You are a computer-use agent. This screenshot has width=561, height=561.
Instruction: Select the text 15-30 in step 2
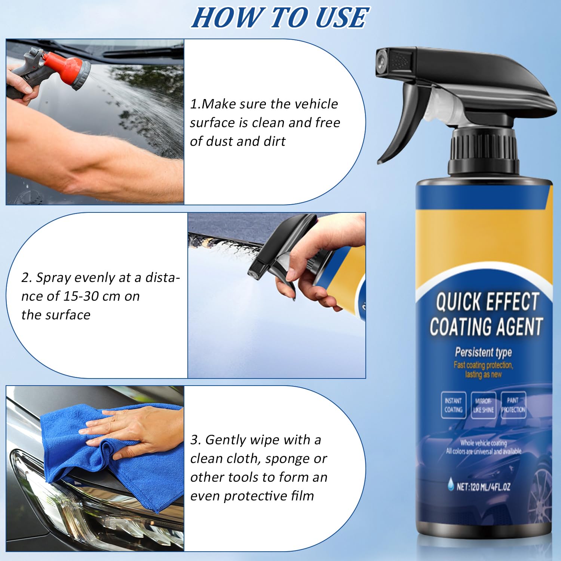click(80, 296)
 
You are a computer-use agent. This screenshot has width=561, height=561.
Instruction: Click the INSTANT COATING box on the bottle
click(453, 405)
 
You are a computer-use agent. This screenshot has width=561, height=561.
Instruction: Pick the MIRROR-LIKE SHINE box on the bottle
click(483, 405)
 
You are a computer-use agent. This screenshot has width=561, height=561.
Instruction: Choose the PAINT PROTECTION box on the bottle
click(513, 405)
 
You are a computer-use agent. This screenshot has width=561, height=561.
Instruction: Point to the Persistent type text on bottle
click(483, 352)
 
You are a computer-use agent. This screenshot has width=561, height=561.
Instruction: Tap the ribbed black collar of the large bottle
click(484, 150)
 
